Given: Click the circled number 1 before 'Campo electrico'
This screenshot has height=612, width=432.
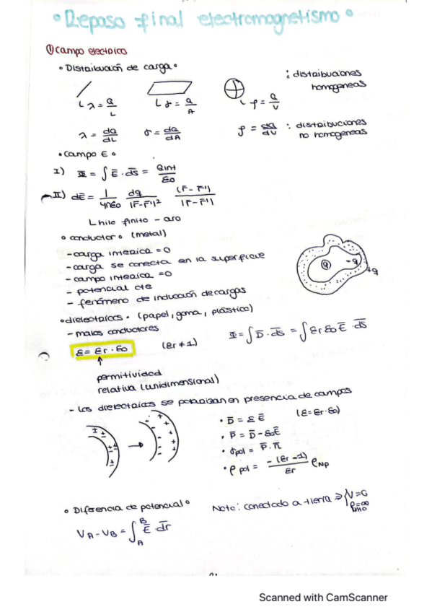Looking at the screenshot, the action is (48, 51).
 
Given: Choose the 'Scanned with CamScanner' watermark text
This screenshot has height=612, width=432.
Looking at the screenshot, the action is (324, 597).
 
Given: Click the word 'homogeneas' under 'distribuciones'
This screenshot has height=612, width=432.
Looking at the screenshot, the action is (338, 85).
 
